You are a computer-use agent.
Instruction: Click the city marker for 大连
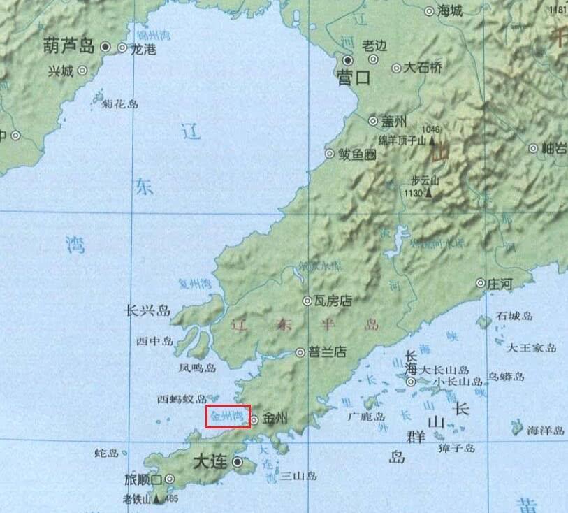[x=238, y=462]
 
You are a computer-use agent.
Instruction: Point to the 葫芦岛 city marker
[x=105, y=47]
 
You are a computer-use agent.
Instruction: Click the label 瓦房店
[x=332, y=301]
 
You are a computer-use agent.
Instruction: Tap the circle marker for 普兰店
[x=300, y=352]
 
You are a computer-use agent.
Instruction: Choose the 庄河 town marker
[x=481, y=283]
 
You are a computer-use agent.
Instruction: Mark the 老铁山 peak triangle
[x=158, y=498]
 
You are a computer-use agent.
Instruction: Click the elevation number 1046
[x=431, y=129]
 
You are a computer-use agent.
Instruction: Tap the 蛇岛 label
[x=106, y=453]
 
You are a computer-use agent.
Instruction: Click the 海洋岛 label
[x=546, y=431]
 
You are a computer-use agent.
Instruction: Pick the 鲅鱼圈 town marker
[x=330, y=154]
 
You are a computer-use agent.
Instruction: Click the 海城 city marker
[x=430, y=10]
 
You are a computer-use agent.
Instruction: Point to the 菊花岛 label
[x=120, y=103]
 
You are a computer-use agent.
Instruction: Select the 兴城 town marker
[x=82, y=70]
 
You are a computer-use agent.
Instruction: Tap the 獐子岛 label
[x=456, y=448]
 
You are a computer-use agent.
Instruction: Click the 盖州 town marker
[x=372, y=120]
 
